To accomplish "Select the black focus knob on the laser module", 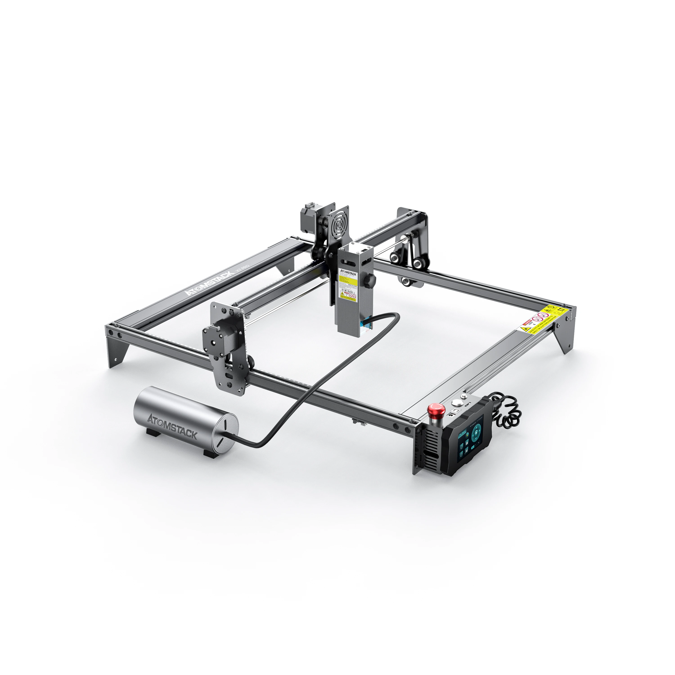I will click(370, 281).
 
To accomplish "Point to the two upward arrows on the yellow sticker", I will click(561, 309).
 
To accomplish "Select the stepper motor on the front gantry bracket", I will click(213, 337).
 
